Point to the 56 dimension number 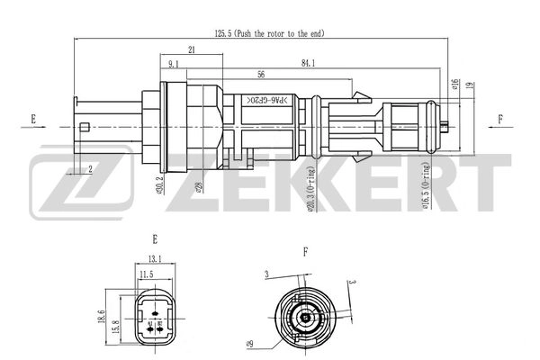click(x=260, y=74)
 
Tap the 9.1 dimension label click(x=174, y=62)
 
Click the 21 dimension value click(x=193, y=49)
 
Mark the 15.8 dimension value click(x=114, y=327)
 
